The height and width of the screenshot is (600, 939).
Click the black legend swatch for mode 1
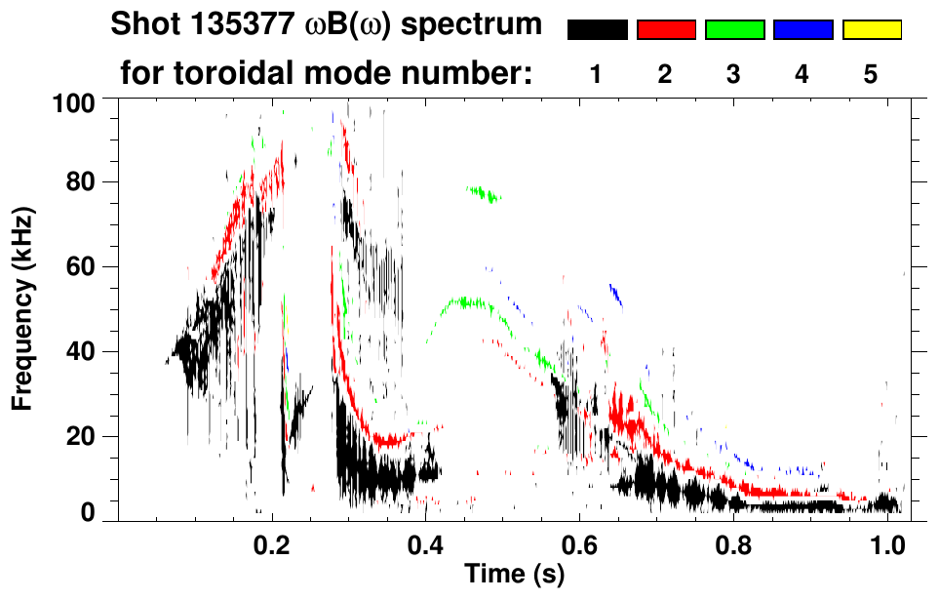(597, 30)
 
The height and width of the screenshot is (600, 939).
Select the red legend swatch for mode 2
(666, 30)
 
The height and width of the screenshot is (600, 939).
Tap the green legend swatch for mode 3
(734, 30)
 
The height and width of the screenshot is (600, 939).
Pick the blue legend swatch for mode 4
(802, 30)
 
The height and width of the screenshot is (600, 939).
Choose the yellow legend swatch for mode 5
(871, 30)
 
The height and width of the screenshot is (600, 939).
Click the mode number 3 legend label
(733, 74)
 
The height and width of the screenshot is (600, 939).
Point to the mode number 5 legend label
(870, 74)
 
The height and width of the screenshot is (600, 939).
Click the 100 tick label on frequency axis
(73, 101)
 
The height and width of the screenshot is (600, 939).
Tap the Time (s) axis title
(513, 574)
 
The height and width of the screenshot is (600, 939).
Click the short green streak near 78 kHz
(483, 194)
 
